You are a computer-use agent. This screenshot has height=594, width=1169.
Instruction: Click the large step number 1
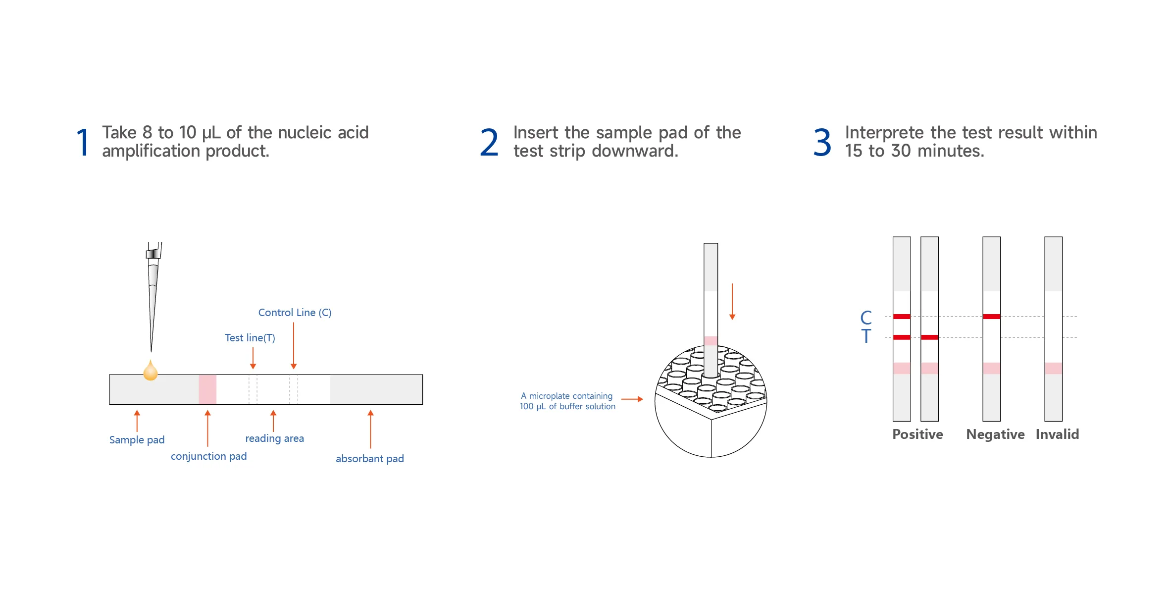tap(83, 143)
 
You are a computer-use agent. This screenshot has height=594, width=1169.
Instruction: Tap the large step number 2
tap(489, 143)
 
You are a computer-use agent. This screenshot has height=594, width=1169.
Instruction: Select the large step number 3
tap(822, 143)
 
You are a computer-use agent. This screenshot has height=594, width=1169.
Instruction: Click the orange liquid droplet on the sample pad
tap(151, 371)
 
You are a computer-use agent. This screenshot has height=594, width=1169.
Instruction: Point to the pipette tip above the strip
tap(153, 297)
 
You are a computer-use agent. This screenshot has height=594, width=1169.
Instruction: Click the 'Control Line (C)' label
tap(295, 313)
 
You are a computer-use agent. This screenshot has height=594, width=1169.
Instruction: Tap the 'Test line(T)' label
tap(250, 338)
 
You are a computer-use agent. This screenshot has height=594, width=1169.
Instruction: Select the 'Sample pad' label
tap(137, 440)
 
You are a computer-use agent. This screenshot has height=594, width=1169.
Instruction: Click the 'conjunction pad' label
tap(208, 456)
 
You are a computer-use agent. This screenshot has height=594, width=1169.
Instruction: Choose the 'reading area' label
tap(274, 438)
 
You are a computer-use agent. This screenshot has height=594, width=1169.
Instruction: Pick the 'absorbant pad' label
tap(370, 459)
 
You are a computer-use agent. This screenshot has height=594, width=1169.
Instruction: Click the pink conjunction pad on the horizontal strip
tap(207, 389)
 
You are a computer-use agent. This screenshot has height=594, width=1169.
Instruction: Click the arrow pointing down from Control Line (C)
tap(294, 346)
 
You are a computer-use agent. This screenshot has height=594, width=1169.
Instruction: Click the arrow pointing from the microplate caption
tap(632, 399)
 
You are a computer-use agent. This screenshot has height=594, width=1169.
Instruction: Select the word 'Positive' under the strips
tap(917, 434)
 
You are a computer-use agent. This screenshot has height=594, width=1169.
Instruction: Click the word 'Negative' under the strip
tap(995, 434)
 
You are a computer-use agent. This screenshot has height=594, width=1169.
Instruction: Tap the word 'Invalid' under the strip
tap(1057, 434)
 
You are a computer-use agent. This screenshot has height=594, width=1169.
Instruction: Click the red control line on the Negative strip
tap(992, 317)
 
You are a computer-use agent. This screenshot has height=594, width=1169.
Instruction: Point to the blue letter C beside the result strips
tap(866, 318)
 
